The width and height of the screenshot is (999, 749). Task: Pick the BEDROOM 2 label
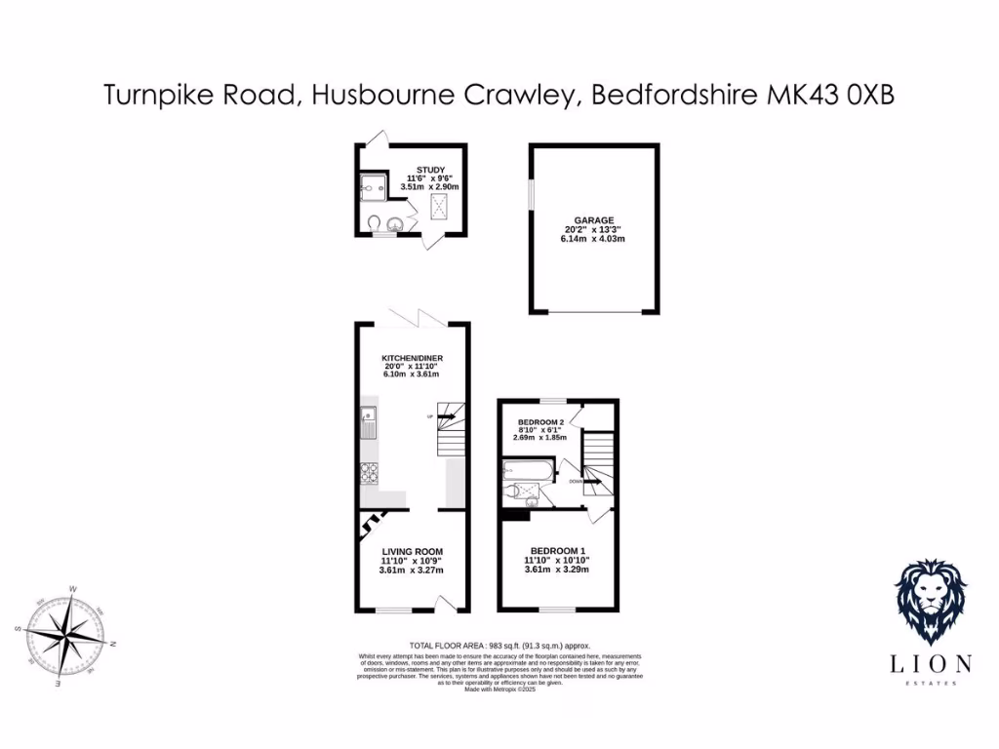(x=540, y=421)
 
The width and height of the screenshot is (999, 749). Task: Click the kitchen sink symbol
(x=368, y=420)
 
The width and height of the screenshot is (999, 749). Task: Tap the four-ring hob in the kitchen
(x=370, y=474)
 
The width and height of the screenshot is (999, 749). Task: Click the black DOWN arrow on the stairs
(x=593, y=481)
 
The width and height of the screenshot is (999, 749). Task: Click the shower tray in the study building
(x=372, y=184)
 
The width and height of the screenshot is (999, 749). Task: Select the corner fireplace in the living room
(x=369, y=526)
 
